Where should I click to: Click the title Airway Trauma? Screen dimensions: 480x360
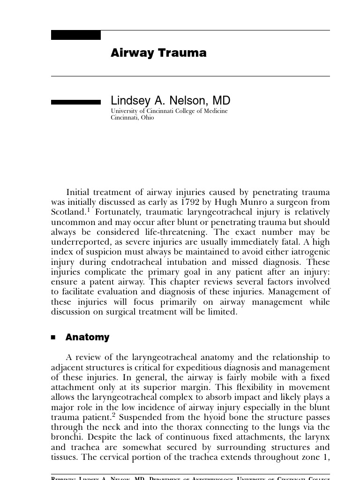[x=158, y=53]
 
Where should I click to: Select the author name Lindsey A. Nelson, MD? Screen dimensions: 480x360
[x=170, y=101]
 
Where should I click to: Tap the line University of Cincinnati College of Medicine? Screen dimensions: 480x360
[x=169, y=111]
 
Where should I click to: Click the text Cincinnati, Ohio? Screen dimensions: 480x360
[x=132, y=118]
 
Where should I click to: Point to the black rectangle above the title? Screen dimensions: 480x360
[x=75, y=35]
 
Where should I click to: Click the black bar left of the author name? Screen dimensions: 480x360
[x=75, y=102]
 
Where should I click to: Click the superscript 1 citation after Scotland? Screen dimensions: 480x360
[x=88, y=210]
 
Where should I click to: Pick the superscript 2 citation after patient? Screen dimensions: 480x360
[x=114, y=415]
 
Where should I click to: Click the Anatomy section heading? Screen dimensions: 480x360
[x=87, y=337]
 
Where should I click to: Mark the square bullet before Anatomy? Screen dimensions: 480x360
[x=53, y=337]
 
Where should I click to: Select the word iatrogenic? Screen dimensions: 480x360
[x=309, y=252]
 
